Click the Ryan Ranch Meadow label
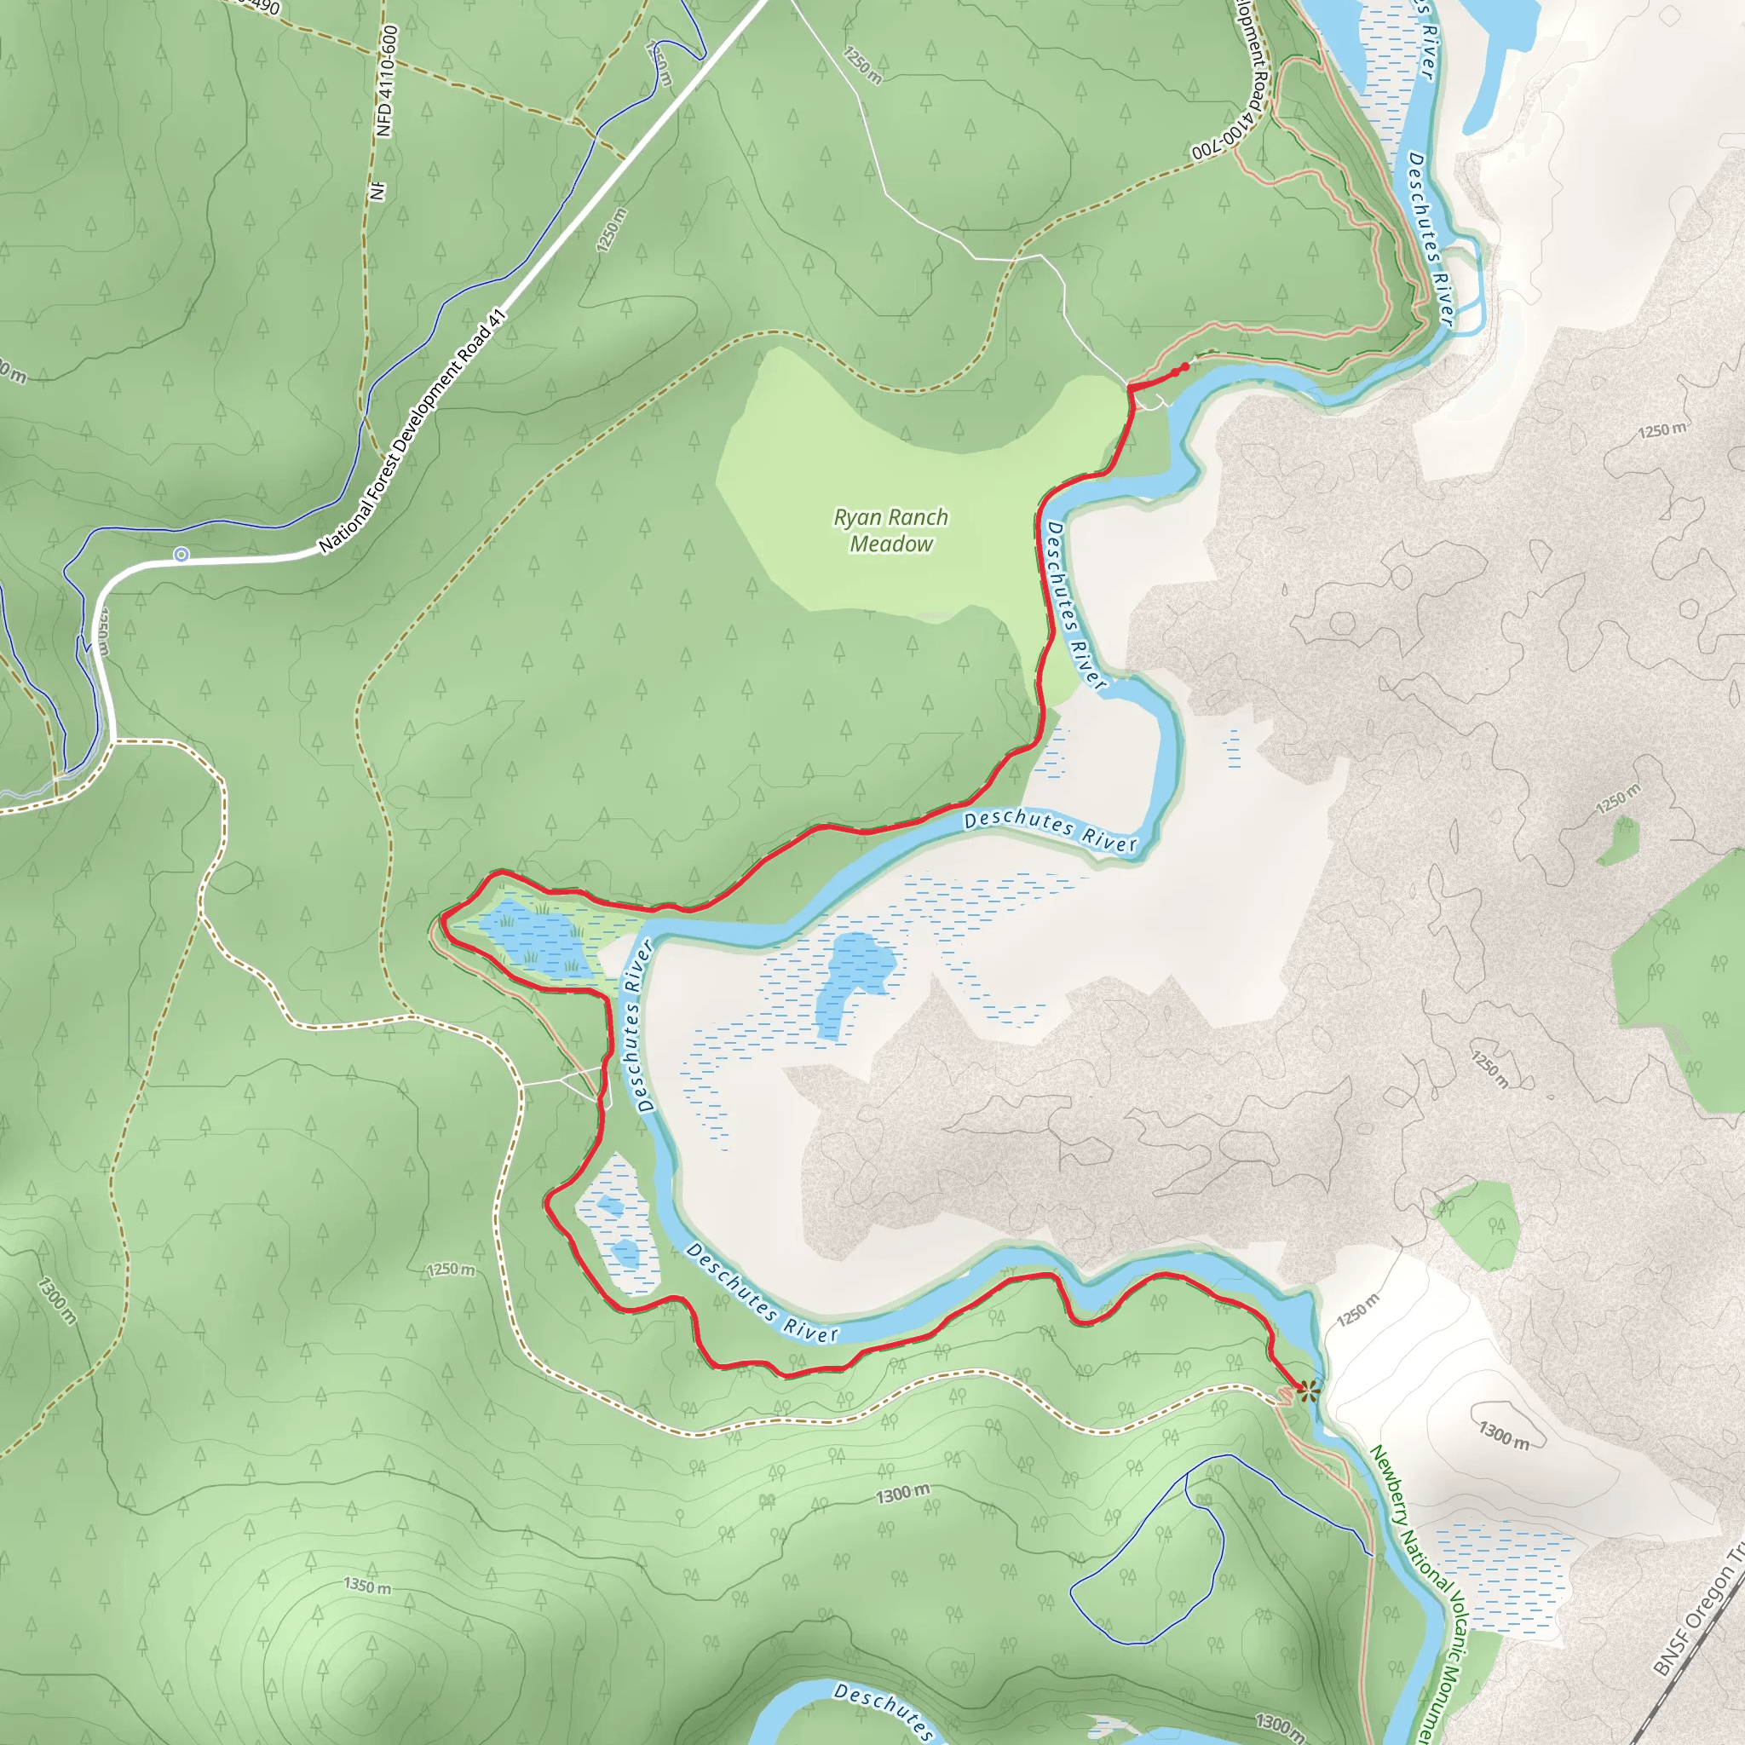point(890,530)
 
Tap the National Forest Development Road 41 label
point(412,432)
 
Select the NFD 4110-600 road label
point(387,81)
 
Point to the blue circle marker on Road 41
point(181,554)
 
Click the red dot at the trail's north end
point(1185,366)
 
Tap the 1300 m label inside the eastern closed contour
point(1504,1434)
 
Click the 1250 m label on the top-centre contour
point(861,65)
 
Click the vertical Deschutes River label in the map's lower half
point(637,1025)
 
